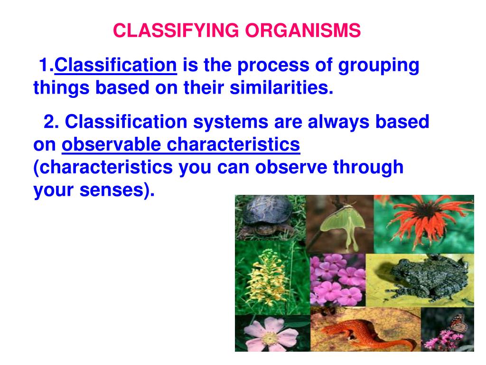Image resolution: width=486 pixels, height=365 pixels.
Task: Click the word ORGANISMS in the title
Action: coord(303,30)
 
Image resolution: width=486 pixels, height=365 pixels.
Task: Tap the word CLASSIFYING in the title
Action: coord(176,30)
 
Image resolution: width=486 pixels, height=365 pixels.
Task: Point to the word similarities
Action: coord(281,87)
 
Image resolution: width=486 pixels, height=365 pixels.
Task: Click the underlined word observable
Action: coord(111,144)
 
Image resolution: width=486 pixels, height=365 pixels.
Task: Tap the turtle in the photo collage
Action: coord(267,216)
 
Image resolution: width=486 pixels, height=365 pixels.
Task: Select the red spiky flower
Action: coord(428,221)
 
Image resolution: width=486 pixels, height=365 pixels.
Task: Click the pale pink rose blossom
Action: coord(270,335)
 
